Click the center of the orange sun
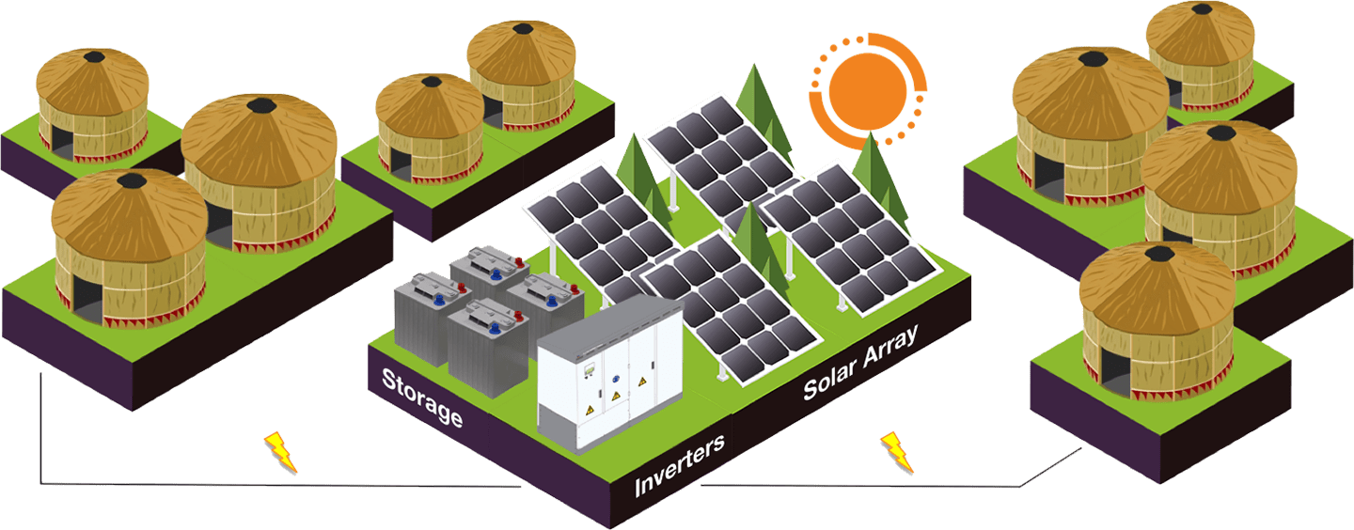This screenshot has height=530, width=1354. click(868, 86)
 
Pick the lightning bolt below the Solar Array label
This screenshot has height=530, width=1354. click(895, 453)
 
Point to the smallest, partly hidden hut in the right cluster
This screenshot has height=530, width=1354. click(1203, 52)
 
